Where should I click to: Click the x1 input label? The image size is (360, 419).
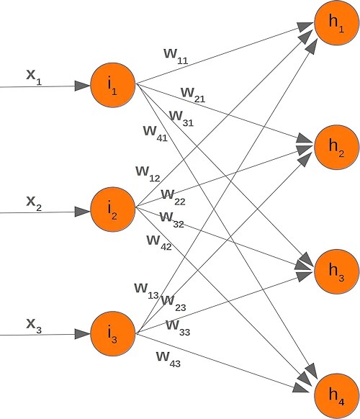tap(34, 77)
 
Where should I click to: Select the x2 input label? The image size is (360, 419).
tap(34, 203)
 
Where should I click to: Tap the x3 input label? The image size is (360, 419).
tap(34, 325)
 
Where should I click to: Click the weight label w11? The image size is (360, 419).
tap(176, 56)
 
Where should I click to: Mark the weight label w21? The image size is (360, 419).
tap(193, 94)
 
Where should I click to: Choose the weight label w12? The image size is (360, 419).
tap(148, 173)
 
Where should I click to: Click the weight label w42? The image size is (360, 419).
tap(158, 241)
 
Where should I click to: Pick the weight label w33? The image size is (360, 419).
tap(178, 326)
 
